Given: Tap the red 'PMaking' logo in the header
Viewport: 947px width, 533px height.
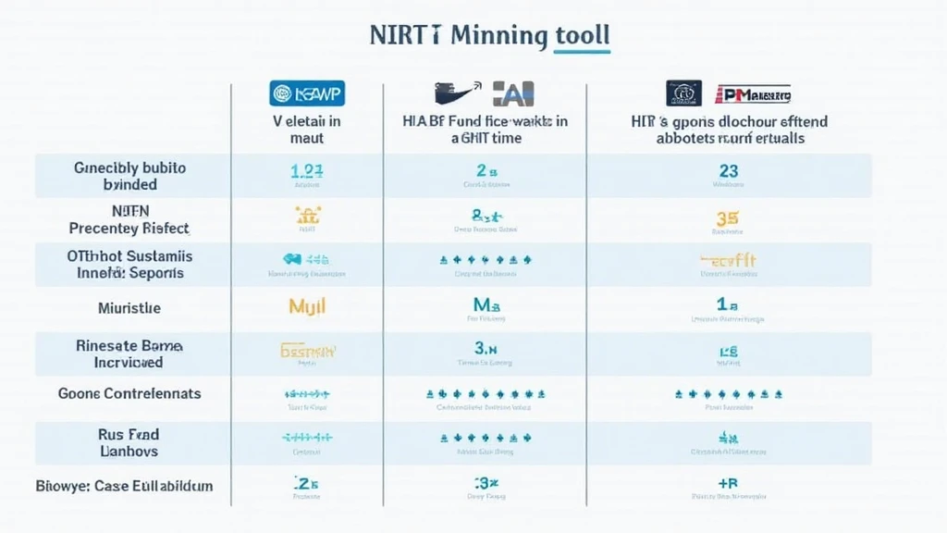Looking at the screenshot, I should click(756, 93).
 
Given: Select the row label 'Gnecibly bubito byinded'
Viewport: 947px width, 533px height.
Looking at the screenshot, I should click(129, 176).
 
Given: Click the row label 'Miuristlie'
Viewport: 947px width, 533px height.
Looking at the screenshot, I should click(129, 307).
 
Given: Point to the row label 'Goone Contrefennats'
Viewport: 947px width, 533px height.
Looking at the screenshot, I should click(129, 393).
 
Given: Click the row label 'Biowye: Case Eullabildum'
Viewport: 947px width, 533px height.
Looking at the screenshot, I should click(124, 485).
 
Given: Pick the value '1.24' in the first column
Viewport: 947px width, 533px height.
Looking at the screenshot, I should click(306, 171).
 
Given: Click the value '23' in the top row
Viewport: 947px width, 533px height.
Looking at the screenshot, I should click(727, 171).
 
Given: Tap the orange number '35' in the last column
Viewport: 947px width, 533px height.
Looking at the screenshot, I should click(728, 219).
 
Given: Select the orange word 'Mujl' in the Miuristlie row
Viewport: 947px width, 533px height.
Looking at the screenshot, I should click(306, 305).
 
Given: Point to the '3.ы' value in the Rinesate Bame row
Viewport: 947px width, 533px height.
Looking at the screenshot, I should click(486, 349).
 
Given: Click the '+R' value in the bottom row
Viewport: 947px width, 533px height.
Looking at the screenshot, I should click(728, 483).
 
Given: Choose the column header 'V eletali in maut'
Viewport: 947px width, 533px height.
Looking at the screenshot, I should click(307, 130).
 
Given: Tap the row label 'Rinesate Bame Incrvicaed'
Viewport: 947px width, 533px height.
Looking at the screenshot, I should click(129, 353).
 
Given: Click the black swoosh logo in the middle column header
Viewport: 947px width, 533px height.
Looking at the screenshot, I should click(458, 91).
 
